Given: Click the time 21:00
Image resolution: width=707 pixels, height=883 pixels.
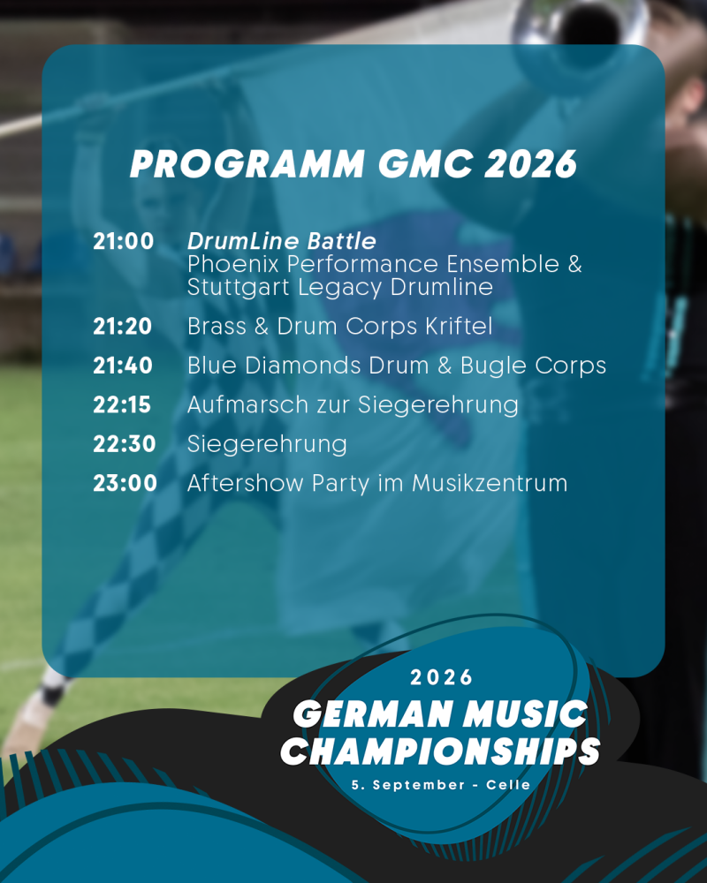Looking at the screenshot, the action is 124,241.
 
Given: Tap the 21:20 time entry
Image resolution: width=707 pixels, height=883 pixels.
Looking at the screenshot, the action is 122,326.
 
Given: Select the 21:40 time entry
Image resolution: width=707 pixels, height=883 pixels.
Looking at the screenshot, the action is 123,366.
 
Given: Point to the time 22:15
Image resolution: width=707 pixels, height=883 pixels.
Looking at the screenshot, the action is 122,404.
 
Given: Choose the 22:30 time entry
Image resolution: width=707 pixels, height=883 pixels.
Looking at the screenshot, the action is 124,444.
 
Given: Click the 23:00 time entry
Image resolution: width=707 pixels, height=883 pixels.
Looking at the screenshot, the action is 125,483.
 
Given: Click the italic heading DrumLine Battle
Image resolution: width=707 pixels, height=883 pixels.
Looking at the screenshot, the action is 281,241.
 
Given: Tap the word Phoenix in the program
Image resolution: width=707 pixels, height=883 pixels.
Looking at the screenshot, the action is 232,263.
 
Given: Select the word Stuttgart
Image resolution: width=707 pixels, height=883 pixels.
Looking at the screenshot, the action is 238,287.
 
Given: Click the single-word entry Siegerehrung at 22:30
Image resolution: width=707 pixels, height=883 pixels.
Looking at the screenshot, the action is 267,445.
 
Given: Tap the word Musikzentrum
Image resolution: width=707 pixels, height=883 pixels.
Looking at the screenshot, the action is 490,483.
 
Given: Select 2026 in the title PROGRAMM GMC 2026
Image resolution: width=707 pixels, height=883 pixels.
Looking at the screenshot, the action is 530,164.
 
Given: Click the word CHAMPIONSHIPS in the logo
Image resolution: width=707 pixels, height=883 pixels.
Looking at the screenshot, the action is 440,751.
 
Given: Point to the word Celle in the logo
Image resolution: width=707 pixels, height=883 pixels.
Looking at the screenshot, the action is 508,784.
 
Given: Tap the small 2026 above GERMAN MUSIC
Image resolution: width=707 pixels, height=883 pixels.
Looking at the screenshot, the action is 441,677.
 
